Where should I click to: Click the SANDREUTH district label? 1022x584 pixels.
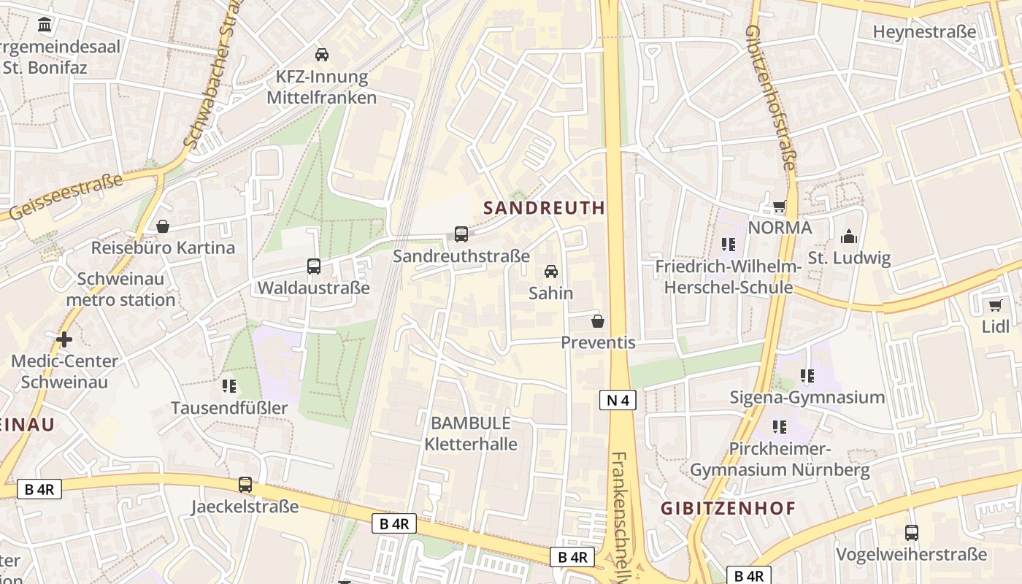(544, 208)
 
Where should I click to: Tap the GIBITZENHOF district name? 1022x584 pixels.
(728, 509)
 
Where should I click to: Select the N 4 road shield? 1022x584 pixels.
(618, 399)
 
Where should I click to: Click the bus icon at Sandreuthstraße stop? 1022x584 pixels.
(461, 234)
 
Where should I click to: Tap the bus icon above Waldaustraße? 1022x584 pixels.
(314, 266)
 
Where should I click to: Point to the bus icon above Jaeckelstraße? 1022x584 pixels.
(245, 485)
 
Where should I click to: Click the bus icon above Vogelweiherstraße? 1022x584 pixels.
(911, 533)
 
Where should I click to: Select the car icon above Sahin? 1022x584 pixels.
(551, 272)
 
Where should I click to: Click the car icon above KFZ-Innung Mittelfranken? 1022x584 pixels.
(321, 55)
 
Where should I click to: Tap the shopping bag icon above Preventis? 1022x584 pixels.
(598, 321)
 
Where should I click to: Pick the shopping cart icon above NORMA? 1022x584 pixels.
(780, 206)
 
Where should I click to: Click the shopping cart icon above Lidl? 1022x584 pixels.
(995, 305)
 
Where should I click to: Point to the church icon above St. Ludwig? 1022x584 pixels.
(849, 237)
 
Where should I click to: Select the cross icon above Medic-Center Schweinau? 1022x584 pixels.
(64, 339)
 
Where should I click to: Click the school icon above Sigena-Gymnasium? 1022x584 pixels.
(807, 376)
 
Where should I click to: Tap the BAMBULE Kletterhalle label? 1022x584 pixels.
(471, 433)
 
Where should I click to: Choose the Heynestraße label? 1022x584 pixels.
(924, 32)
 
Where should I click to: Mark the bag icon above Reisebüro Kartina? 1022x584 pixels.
(163, 226)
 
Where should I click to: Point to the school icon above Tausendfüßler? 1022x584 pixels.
(229, 385)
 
